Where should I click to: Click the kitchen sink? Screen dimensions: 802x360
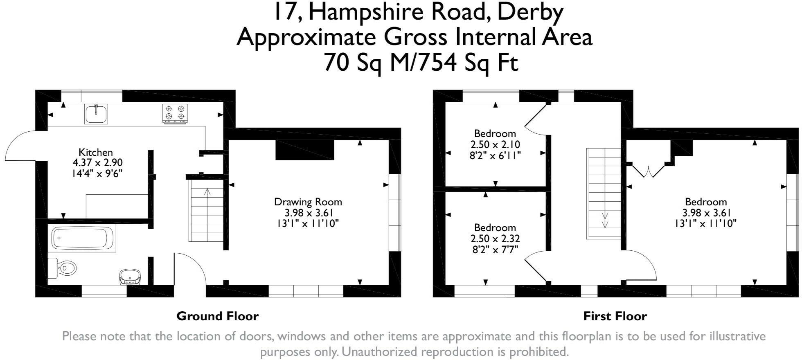(96, 114)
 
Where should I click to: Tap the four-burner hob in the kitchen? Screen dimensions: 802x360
(175, 114)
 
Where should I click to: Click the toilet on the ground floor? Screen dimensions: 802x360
(62, 268)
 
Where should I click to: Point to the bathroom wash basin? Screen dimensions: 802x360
(130, 277)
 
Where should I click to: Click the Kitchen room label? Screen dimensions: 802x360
(96, 152)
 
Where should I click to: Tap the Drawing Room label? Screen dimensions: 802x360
(308, 202)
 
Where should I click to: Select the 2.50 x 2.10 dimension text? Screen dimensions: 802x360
(495, 144)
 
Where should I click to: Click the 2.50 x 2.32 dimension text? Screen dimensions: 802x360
(495, 239)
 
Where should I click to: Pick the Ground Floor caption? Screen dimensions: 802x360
(218, 316)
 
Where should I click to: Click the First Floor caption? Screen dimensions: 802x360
(615, 316)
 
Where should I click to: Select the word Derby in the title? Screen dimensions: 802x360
(530, 13)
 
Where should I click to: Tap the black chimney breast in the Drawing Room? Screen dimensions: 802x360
(305, 150)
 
